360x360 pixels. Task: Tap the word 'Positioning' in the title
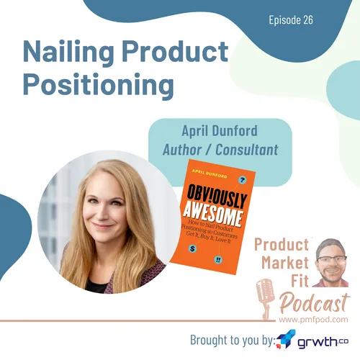click(98, 84)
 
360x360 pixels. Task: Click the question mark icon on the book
click(242, 179)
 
